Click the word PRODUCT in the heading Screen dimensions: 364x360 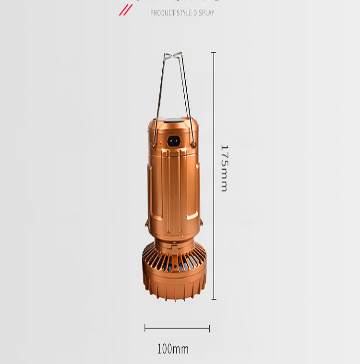pos(162,13)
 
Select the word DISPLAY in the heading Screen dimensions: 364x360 pos(203,13)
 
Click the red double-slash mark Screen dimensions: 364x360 pos(125,10)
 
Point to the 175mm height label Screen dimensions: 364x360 pos(224,167)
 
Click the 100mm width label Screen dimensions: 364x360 pos(173,349)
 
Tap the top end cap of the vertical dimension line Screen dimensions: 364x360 pos(214,53)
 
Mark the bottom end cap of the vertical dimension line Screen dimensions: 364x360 pos(214,300)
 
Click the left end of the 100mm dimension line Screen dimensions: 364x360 pos(145,329)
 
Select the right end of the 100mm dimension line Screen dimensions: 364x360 pos(209,329)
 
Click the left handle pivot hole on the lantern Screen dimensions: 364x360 pos(154,143)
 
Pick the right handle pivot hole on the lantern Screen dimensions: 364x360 pos(193,143)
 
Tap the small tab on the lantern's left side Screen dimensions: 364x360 pos(146,223)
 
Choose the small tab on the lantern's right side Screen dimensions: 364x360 pos(202,223)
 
